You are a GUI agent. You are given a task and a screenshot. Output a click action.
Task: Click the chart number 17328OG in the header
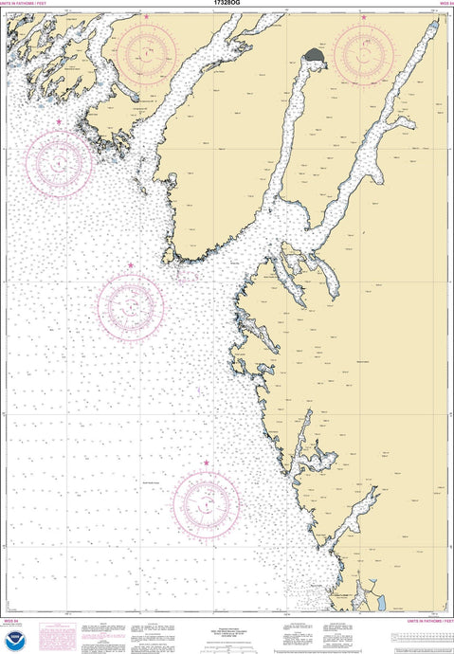pyautogui.click(x=227, y=5)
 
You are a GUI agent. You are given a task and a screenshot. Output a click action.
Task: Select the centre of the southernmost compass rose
pyautogui.click(x=206, y=500)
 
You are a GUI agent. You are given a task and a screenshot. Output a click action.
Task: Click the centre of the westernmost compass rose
pyautogui.click(x=59, y=164)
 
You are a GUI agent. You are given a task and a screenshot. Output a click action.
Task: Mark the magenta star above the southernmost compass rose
pyautogui.click(x=206, y=463)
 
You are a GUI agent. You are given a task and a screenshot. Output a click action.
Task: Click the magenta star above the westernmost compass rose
pyautogui.click(x=59, y=122)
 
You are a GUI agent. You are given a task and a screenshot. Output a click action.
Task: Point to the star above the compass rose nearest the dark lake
pyautogui.click(x=365, y=17)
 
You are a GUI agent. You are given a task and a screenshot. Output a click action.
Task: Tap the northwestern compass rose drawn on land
pyautogui.click(x=146, y=54)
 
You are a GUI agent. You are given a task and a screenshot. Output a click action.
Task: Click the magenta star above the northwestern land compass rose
pyautogui.click(x=146, y=17)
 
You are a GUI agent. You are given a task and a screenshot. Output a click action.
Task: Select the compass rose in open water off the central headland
pyautogui.click(x=131, y=305)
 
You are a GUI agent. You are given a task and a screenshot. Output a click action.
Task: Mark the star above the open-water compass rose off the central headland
pyautogui.click(x=131, y=266)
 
